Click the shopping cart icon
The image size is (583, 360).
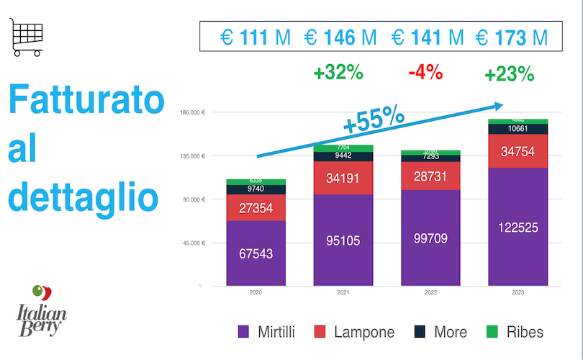click(27, 37)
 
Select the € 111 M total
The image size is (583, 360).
click(256, 37)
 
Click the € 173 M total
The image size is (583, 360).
click(511, 37)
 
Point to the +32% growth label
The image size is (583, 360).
click(338, 73)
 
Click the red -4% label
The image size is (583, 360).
click(425, 73)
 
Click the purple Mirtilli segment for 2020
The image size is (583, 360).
click(256, 253)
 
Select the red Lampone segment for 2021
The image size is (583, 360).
click(343, 177)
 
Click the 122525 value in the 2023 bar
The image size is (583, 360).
click(518, 228)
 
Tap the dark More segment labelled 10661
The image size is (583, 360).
click(518, 129)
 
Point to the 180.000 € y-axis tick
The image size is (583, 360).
click(194, 112)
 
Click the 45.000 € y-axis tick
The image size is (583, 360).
click(194, 243)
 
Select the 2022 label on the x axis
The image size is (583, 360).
click(430, 293)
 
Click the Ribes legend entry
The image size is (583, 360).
click(514, 332)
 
